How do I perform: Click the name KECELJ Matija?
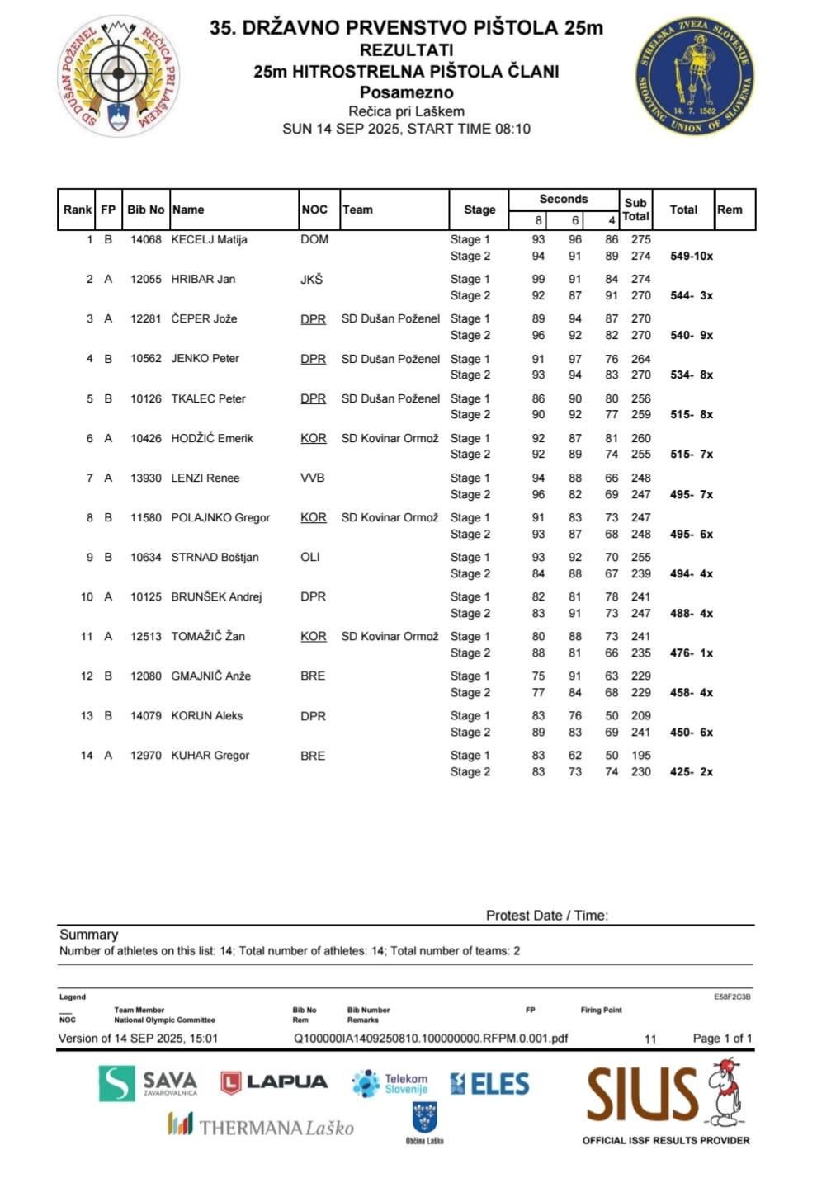tap(209, 239)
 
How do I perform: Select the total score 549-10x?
tap(692, 256)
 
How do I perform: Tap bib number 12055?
tap(146, 279)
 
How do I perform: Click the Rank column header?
tap(78, 210)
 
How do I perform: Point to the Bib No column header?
tap(145, 210)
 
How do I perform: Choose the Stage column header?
tap(479, 210)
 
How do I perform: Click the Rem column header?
tap(730, 210)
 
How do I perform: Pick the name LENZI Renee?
tap(205, 478)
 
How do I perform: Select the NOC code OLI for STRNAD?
tap(310, 557)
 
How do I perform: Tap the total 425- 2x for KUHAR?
tap(692, 772)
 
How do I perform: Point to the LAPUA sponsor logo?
tap(274, 1082)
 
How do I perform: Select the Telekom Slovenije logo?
tap(390, 1083)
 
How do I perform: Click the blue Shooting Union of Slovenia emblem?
tap(694, 76)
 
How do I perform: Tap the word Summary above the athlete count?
tap(88, 935)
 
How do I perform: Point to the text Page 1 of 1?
tap(722, 1039)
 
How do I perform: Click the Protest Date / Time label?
tap(546, 915)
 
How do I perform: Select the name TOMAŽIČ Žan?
tap(208, 636)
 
